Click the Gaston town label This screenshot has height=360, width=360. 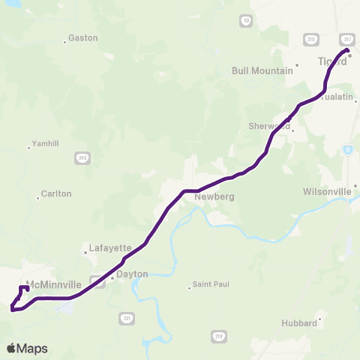[x=82, y=37]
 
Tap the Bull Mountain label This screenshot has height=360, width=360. [x=262, y=70]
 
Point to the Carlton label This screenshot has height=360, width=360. [x=56, y=193]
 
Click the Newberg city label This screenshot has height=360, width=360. [x=214, y=196]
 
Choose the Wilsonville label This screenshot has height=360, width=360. [x=327, y=191]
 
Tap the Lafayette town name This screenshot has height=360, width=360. [x=110, y=247]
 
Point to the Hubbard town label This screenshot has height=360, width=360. [x=299, y=322]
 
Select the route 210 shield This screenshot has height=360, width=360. [x=313, y=37]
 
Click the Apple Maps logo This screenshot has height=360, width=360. [x=27, y=348]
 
